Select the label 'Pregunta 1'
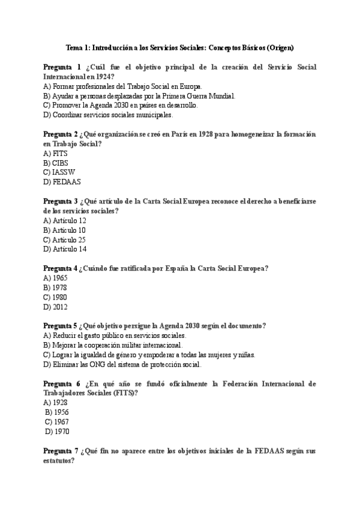pyautogui.click(x=61, y=67)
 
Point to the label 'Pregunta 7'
pyautogui.click(x=61, y=451)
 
